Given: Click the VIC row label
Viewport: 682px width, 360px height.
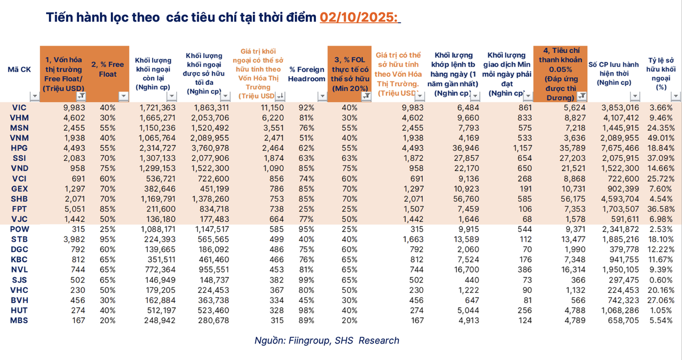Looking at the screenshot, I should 19,107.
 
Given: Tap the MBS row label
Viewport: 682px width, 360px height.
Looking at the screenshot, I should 19,321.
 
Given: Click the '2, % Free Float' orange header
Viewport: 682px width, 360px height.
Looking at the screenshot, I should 107,70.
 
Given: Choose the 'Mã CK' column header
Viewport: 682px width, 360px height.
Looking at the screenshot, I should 19,69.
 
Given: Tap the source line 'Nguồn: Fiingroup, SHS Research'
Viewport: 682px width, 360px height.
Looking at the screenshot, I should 327,341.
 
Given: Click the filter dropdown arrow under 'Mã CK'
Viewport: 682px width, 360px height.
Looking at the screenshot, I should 33,97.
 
